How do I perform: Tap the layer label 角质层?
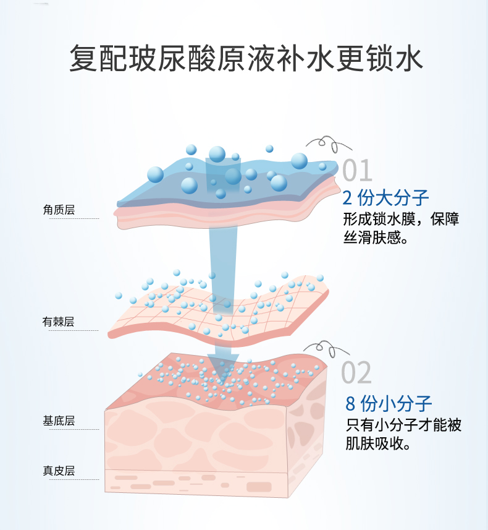click(x=59, y=210)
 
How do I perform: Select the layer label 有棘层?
click(x=59, y=322)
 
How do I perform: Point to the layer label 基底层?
click(x=59, y=421)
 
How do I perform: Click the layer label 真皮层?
click(x=59, y=471)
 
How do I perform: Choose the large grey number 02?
click(x=356, y=373)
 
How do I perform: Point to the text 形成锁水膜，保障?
click(x=401, y=220)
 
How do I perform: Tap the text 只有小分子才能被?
click(x=403, y=425)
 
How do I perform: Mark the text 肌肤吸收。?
click(x=379, y=444)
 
